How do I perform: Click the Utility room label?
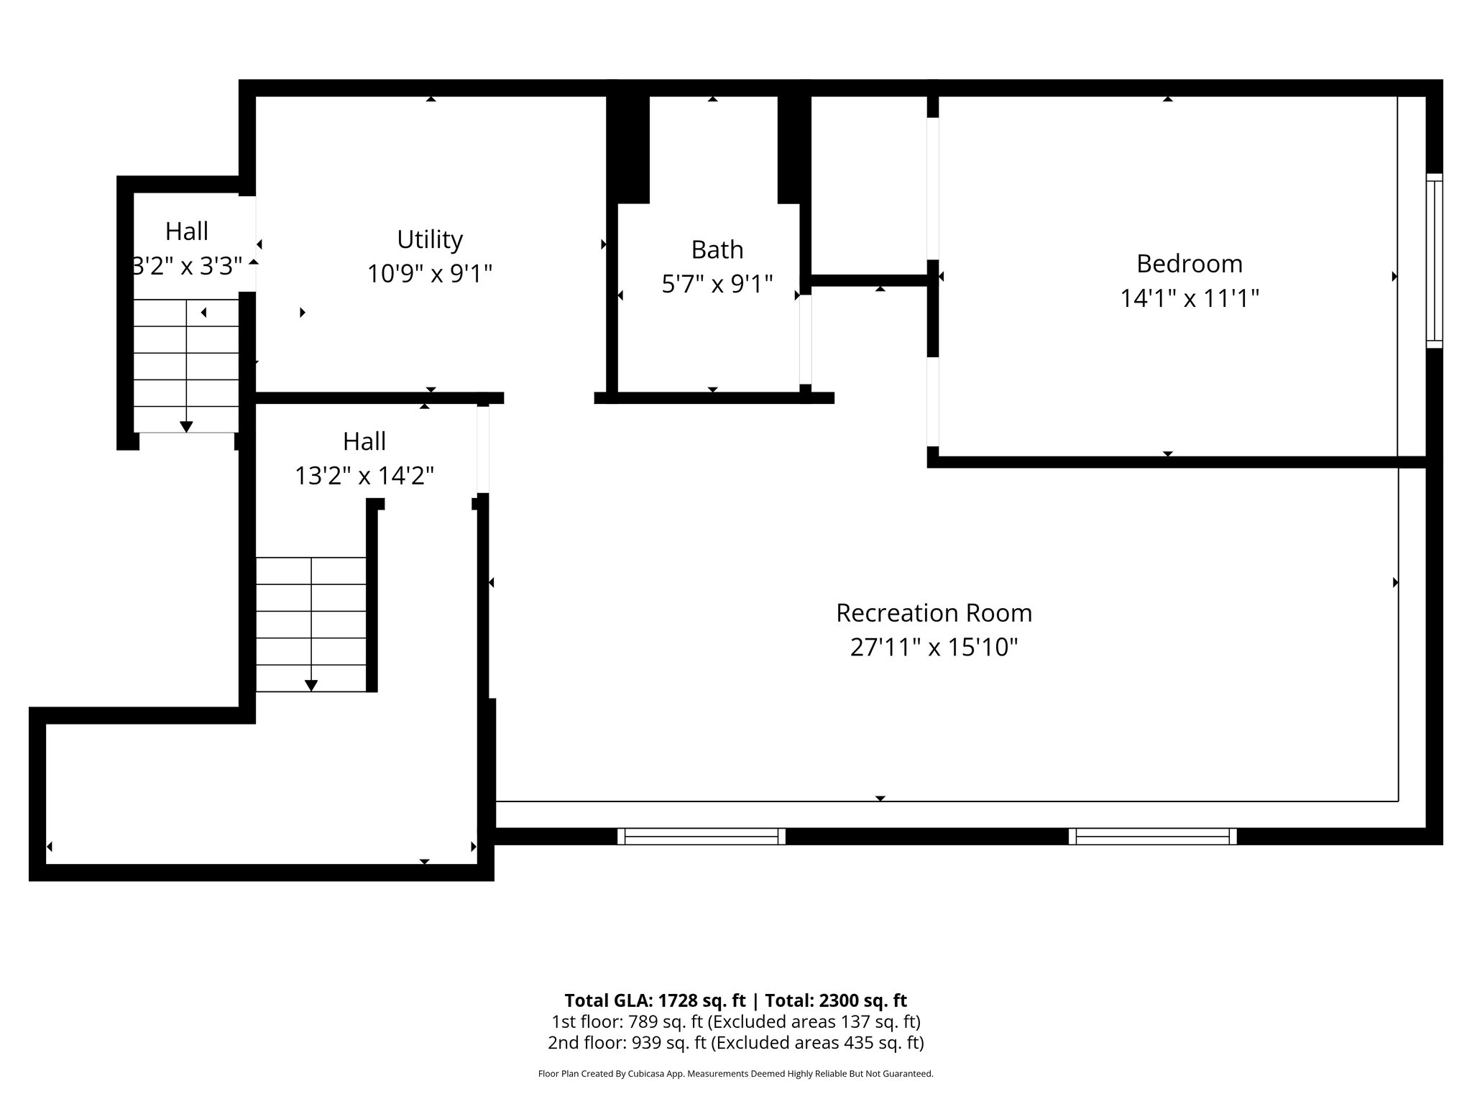pos(430,239)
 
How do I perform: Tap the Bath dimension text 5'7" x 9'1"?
pos(717,285)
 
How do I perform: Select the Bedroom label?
pos(1189,264)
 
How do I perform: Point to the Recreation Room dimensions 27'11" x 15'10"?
pos(934,648)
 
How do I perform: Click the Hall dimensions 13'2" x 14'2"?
pos(364,476)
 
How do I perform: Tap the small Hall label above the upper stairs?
pos(187,231)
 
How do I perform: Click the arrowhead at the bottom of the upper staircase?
pos(186,427)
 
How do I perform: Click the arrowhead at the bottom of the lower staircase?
pos(310,686)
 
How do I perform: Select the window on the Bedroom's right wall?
pos(1434,261)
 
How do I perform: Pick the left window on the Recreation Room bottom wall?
pos(701,836)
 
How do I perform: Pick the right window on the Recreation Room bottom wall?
pos(1152,836)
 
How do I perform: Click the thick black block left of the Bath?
pos(628,149)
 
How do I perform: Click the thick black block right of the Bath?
pos(793,149)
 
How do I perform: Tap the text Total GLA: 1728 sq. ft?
pos(655,1000)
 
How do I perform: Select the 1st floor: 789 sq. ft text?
pos(626,1021)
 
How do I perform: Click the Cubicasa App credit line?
pos(735,1074)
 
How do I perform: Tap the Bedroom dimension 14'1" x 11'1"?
pos(1189,298)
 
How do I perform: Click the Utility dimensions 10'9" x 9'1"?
pos(430,274)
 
